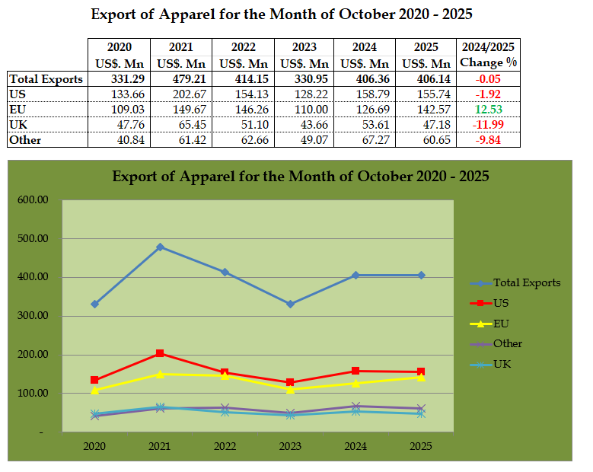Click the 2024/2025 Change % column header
tap(489, 55)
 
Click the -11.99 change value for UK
tap(489, 124)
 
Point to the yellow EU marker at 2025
tap(421, 377)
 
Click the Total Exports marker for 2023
tap(291, 304)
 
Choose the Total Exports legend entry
tap(525, 282)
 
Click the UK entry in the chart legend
tap(502, 364)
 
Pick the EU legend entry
tap(502, 324)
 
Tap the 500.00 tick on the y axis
tap(33, 238)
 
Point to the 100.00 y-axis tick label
tap(33, 394)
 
